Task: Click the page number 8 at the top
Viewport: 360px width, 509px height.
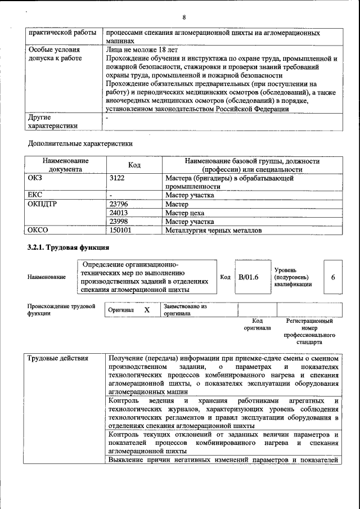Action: pyautogui.click(x=183, y=17)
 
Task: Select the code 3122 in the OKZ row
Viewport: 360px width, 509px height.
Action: pyautogui.click(x=118, y=178)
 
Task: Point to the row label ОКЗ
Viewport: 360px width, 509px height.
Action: pyautogui.click(x=35, y=178)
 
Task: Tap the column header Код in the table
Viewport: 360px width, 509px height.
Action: pyautogui.click(x=134, y=165)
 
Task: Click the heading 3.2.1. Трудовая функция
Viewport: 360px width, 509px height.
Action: pyautogui.click(x=68, y=247)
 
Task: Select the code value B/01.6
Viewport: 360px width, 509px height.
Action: pyautogui.click(x=248, y=277)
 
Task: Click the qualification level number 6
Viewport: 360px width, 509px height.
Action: pyautogui.click(x=334, y=277)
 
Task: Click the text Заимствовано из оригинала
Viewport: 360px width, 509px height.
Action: pyautogui.click(x=185, y=310)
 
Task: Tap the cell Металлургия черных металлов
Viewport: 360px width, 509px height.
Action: pyautogui.click(x=213, y=230)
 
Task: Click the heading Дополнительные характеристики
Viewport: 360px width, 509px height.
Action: pyautogui.click(x=80, y=143)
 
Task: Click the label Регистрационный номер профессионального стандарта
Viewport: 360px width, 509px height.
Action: pyautogui.click(x=309, y=331)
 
